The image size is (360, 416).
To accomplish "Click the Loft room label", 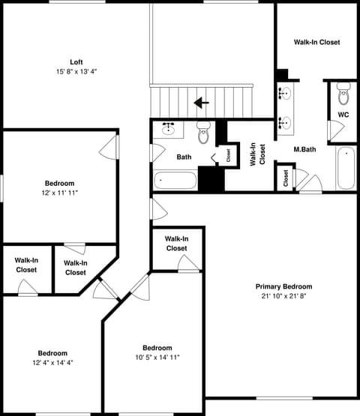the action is click(x=76, y=62).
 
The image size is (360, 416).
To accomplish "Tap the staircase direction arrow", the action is click(x=202, y=103).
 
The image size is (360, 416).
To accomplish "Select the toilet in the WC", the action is click(x=343, y=94).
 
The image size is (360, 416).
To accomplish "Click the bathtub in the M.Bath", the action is click(x=346, y=168).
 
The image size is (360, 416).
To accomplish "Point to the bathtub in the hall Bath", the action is click(x=175, y=181).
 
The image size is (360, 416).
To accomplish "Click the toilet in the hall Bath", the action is click(x=204, y=133).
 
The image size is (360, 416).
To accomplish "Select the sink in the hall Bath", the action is click(x=168, y=129).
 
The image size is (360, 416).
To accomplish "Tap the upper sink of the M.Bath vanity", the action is click(x=285, y=94).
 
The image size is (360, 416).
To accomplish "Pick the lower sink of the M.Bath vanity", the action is click(x=285, y=123).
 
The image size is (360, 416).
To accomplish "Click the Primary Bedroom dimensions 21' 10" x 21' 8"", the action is click(x=283, y=296).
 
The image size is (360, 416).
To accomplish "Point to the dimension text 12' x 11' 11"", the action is click(x=59, y=193).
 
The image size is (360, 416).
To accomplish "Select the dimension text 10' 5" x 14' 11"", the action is click(x=157, y=358).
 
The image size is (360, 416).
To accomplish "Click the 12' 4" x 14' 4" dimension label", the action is click(x=52, y=363).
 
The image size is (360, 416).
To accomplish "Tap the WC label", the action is click(x=343, y=115).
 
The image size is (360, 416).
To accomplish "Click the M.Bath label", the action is click(x=304, y=149).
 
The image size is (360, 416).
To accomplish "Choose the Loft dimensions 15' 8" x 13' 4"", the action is click(x=76, y=72).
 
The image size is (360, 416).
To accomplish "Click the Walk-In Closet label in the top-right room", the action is click(x=316, y=42).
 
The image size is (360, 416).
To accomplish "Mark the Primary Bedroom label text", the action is click(x=283, y=286).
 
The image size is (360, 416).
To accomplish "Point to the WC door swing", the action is click(x=336, y=130).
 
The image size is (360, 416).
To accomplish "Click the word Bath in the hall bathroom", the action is click(x=184, y=157).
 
